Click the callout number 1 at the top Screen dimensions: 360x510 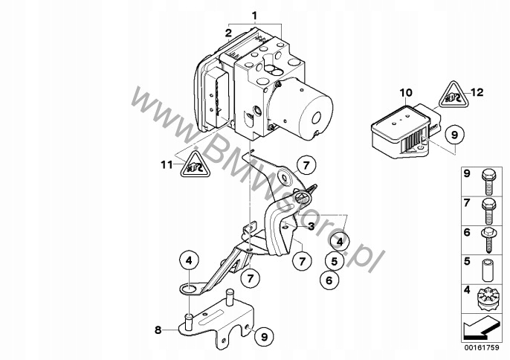click(254, 16)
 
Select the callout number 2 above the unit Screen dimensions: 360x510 click(229, 31)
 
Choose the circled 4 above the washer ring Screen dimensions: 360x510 click(189, 261)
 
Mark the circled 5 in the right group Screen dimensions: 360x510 click(335, 262)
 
